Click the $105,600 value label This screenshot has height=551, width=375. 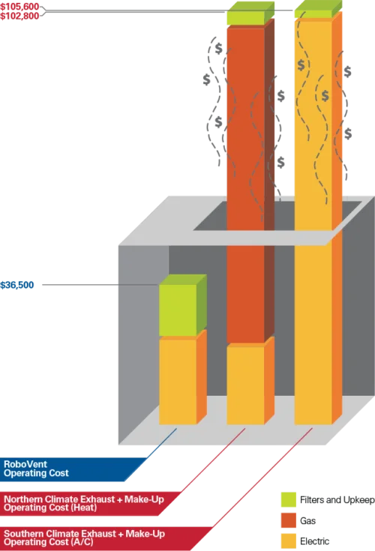(x=19, y=7)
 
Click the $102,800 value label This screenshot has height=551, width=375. (x=19, y=16)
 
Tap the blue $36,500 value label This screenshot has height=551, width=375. (x=17, y=285)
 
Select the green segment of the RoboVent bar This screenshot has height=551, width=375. (x=178, y=310)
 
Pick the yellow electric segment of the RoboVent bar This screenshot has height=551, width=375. (x=178, y=382)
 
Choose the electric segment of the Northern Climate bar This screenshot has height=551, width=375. (x=246, y=385)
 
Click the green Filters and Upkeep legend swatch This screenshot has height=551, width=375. (x=289, y=500)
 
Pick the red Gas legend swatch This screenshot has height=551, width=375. (x=289, y=520)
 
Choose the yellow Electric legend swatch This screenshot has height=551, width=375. (x=289, y=541)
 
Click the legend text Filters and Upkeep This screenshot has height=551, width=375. (x=337, y=500)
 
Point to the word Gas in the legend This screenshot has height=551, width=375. (x=307, y=521)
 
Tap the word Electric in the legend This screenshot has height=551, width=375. (x=314, y=541)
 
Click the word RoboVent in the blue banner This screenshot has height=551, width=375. (x=25, y=464)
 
